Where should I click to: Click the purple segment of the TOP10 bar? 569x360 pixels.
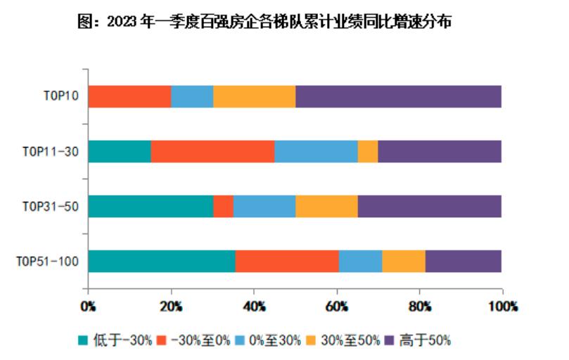pyautogui.click(x=398, y=96)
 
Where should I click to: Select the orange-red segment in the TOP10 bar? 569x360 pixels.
pyautogui.click(x=129, y=96)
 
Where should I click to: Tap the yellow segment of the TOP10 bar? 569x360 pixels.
pyautogui.click(x=254, y=96)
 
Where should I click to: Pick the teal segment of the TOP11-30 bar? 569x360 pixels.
pyautogui.click(x=119, y=151)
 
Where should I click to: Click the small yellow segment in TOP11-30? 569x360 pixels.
pyautogui.click(x=367, y=151)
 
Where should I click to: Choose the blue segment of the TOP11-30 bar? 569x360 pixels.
pyautogui.click(x=316, y=151)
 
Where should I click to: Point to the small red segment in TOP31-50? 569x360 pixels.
pyautogui.click(x=223, y=206)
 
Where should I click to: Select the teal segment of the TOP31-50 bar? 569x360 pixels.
pyautogui.click(x=151, y=206)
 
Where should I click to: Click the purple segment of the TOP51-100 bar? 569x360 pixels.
pyautogui.click(x=463, y=261)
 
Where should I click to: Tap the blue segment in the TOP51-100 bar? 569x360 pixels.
pyautogui.click(x=360, y=261)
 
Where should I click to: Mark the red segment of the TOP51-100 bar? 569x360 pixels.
pyautogui.click(x=287, y=261)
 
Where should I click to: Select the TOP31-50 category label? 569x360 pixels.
pyautogui.click(x=51, y=206)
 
